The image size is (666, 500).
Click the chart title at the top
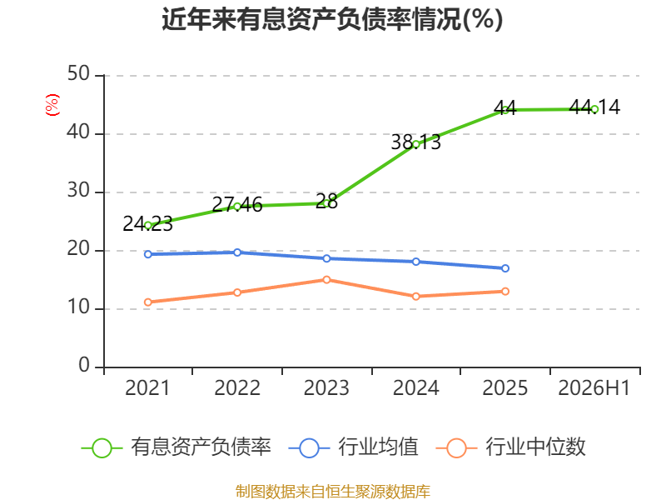click(332, 19)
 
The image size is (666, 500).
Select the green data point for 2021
click(148, 226)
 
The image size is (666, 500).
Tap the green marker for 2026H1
click(594, 109)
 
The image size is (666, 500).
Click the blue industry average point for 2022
click(237, 252)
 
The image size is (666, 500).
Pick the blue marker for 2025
click(505, 268)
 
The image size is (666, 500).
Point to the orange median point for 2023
click(326, 280)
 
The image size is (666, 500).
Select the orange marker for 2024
click(415, 297)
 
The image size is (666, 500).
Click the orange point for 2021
click(148, 302)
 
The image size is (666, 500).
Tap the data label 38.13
click(415, 142)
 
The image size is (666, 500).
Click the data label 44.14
click(594, 107)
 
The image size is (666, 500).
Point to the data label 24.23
click(148, 223)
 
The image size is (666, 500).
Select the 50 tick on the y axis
click(78, 73)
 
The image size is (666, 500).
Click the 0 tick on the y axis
click(84, 365)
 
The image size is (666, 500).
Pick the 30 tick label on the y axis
click(78, 190)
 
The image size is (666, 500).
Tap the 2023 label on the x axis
click(326, 387)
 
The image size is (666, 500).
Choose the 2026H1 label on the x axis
click(594, 387)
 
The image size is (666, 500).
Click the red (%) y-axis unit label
click(52, 105)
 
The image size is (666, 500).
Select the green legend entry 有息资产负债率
click(176, 447)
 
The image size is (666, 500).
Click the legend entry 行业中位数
click(510, 447)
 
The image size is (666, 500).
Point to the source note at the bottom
click(332, 492)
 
